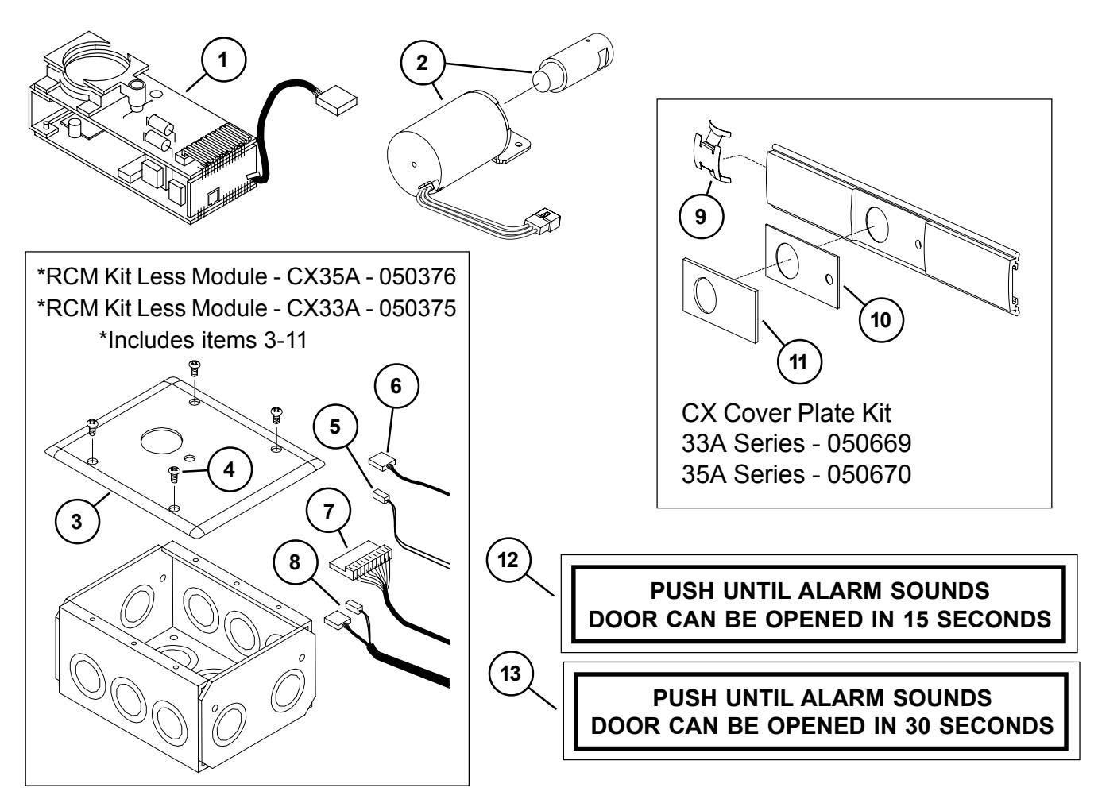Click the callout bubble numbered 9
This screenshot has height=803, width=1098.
pos(698,218)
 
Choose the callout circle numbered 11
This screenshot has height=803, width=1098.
pos(799,362)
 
